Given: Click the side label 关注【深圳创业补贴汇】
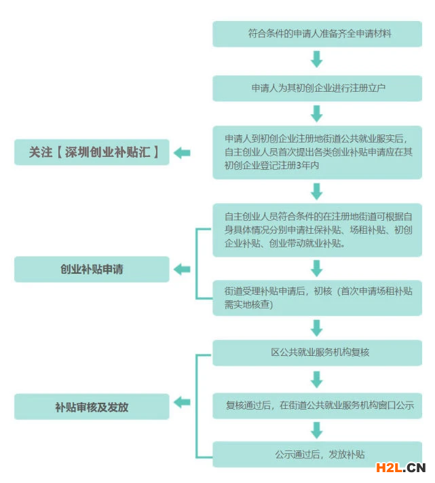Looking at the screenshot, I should click(x=92, y=153).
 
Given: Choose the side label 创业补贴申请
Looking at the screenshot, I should click(x=92, y=269).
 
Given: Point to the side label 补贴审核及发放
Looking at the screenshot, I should click(x=92, y=407).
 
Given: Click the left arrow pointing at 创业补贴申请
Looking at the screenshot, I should click(x=181, y=269).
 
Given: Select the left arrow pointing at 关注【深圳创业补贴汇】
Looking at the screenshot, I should click(x=181, y=153).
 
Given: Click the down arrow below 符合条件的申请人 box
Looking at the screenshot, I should click(x=316, y=60).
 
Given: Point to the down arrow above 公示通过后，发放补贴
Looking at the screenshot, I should click(x=316, y=430).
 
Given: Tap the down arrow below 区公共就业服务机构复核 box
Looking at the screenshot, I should click(x=316, y=378).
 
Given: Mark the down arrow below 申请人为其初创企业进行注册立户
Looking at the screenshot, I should click(x=316, y=113).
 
